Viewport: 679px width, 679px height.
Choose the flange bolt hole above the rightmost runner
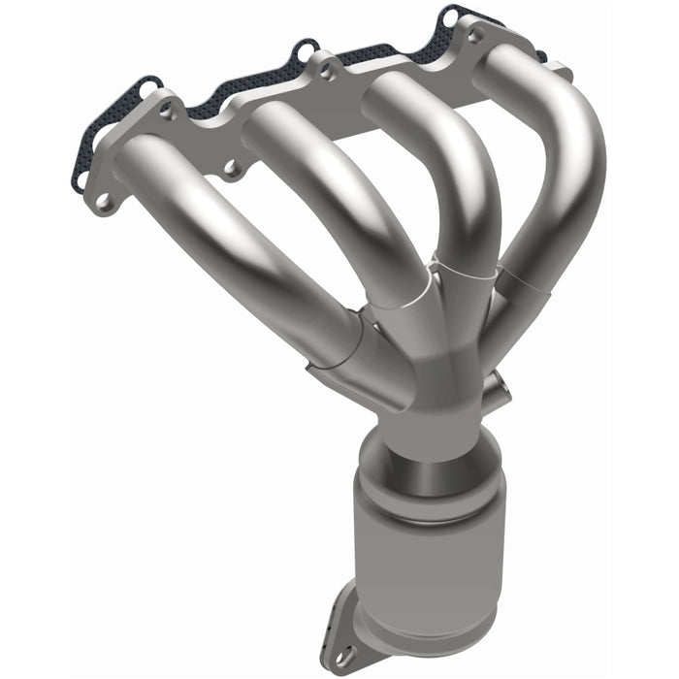[474, 36]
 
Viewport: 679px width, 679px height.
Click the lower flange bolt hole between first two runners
[231, 168]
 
